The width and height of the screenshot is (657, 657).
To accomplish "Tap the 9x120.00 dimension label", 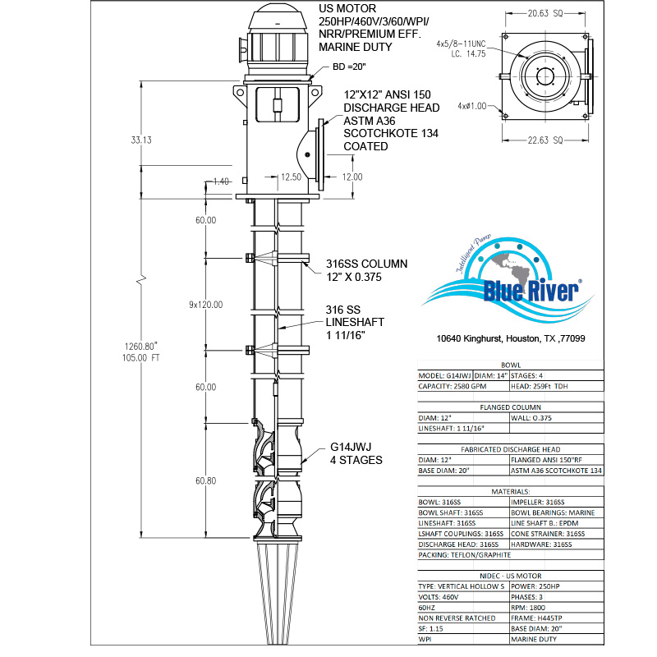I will (206, 305).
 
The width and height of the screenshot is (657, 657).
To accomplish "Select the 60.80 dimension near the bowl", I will (205, 480).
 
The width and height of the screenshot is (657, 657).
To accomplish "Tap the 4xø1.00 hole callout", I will (472, 105).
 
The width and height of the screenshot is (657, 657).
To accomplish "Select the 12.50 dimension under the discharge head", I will (292, 177).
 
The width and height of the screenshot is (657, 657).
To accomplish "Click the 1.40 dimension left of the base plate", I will (219, 181).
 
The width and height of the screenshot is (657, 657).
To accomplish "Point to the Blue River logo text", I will (531, 291).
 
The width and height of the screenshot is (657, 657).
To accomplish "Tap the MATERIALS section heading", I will (510, 490).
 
